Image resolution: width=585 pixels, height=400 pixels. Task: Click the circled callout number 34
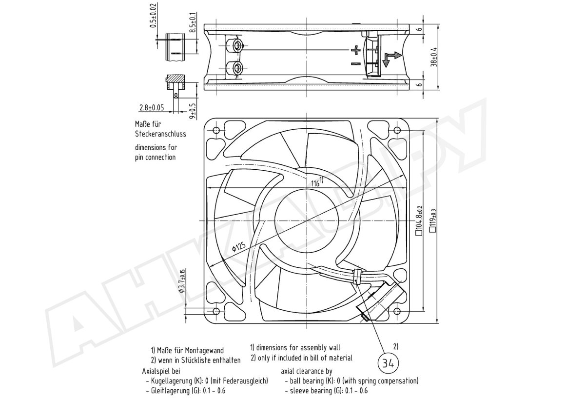click(388, 363)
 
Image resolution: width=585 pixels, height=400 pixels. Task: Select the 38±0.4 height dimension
click(434, 57)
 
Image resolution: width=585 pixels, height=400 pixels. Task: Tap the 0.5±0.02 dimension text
click(154, 15)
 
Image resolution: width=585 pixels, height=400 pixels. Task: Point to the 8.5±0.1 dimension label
click(193, 22)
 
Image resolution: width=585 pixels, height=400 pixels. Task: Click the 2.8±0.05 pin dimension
click(152, 107)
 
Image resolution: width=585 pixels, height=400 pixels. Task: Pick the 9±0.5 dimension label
click(193, 111)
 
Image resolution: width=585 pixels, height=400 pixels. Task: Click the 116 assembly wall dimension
click(317, 181)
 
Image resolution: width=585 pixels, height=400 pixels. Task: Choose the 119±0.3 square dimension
click(433, 220)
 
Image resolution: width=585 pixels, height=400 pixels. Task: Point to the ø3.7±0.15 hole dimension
click(182, 281)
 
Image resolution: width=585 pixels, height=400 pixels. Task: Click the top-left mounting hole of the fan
click(216, 130)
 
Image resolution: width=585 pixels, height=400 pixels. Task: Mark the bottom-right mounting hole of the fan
click(397, 311)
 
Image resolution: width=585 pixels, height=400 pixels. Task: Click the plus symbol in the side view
click(355, 50)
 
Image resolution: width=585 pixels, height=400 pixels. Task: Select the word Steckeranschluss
click(160, 134)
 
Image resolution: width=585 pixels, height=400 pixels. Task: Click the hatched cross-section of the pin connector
click(175, 78)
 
